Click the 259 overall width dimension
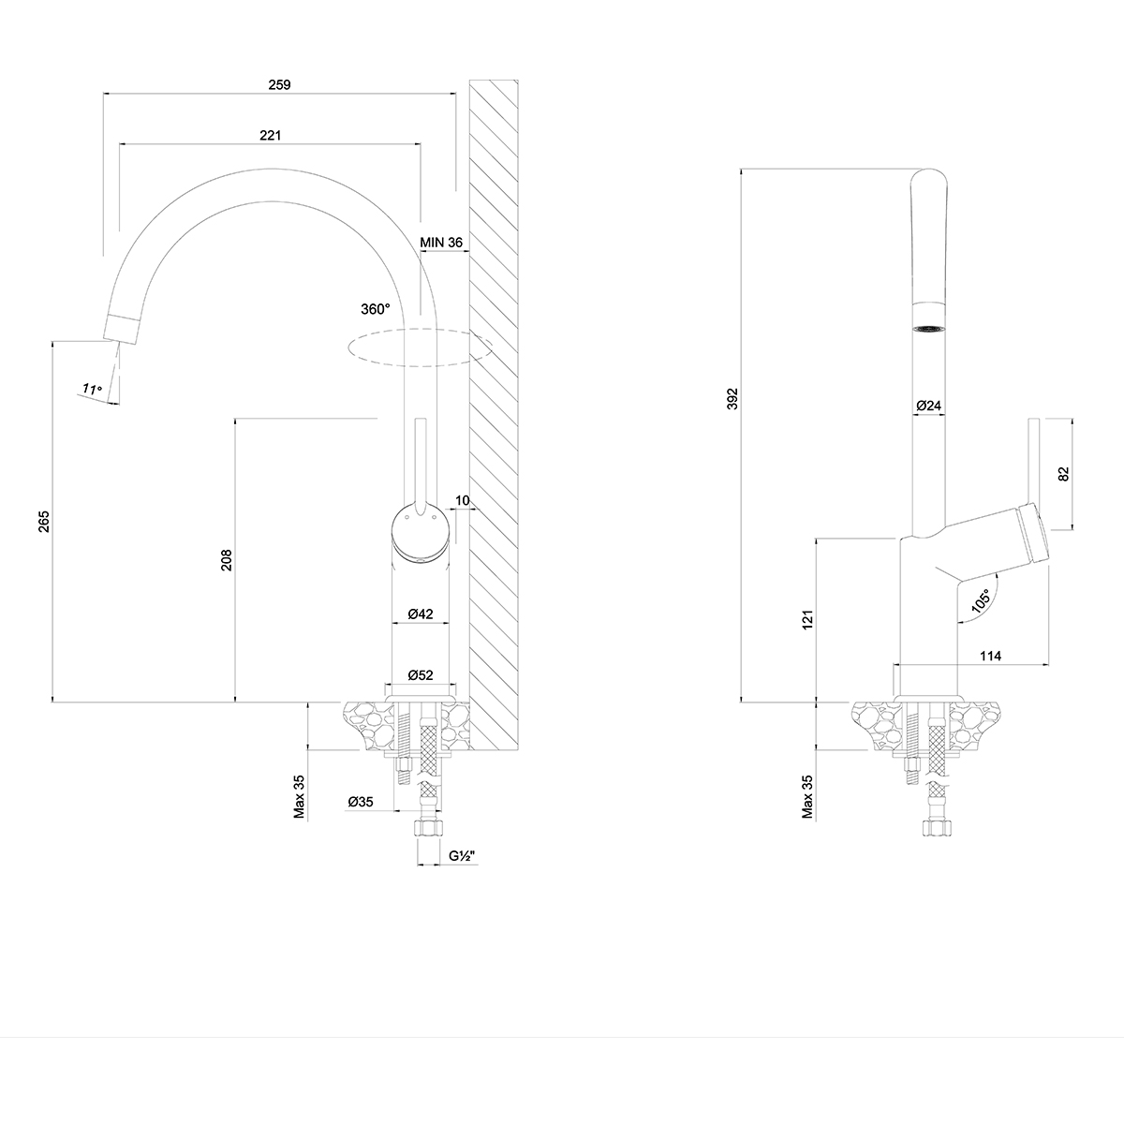pos(279,84)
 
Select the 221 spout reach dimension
pos(270,135)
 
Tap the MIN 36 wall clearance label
pos(441,242)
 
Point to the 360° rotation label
pos(375,309)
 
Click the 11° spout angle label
pos(92,389)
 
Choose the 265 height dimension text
pos(44,522)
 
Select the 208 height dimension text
pos(227,560)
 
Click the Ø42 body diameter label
pos(421,614)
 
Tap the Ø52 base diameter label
pos(421,674)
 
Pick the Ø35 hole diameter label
pos(361,802)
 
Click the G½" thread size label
pos(463,856)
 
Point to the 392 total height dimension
pos(732,399)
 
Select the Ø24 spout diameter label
pos(928,406)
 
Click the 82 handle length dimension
pos(1064,474)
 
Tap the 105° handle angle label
pos(981,600)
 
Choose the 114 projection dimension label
pos(990,656)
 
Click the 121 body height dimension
pos(807,619)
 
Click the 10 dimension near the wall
pos(462,500)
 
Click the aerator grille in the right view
pos(928,329)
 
